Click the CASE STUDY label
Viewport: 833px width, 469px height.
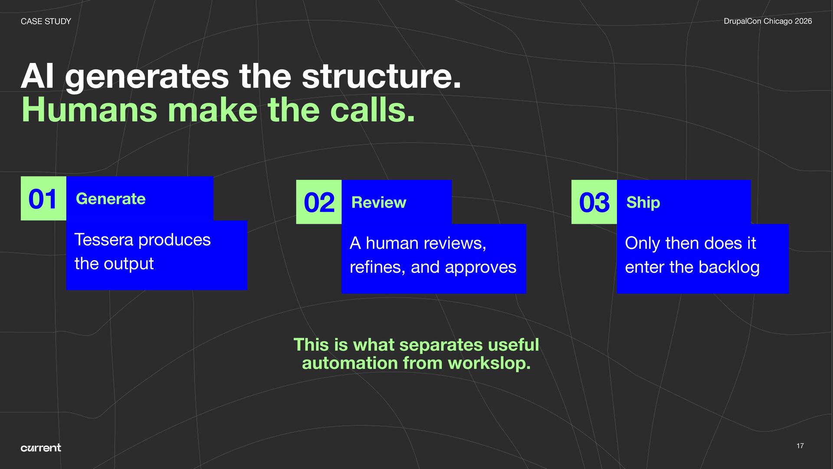click(x=46, y=21)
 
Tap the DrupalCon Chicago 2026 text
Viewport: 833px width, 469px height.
click(x=767, y=21)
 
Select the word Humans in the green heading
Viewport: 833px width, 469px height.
click(x=89, y=110)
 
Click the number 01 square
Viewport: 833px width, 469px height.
click(x=43, y=199)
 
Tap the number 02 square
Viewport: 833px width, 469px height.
click(x=319, y=202)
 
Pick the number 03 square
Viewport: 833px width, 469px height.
click(x=594, y=202)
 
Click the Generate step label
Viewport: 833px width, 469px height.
click(x=111, y=199)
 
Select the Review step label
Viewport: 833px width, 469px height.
click(x=379, y=202)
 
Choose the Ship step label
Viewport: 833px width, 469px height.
click(x=643, y=202)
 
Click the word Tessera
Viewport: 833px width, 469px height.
click(x=104, y=240)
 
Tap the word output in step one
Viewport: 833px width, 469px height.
click(x=129, y=264)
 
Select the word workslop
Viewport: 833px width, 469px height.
click(x=489, y=363)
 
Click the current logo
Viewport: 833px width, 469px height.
click(x=41, y=448)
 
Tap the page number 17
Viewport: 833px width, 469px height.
click(x=800, y=446)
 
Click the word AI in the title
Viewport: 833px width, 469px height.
click(x=38, y=76)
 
